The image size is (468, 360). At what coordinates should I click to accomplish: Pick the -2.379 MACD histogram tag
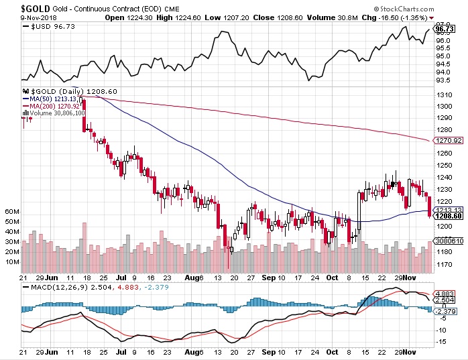click(x=446, y=310)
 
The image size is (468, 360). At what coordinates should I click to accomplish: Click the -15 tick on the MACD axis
click(x=441, y=341)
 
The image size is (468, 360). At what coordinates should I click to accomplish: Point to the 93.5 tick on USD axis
click(x=443, y=80)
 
